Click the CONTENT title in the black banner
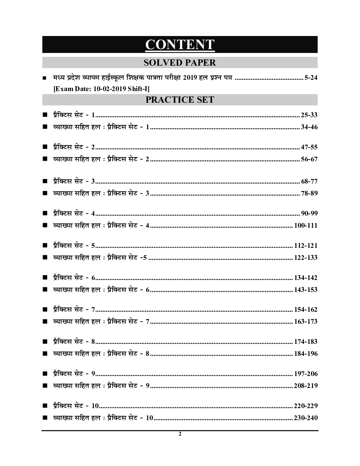coord(180,45)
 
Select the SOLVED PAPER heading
coord(180,62)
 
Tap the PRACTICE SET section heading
coord(180,100)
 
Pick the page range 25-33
coord(309,115)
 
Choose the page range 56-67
coord(309,159)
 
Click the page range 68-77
coord(309,181)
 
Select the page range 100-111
coord(306,225)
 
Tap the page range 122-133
coord(306,258)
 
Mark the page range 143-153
coord(306,290)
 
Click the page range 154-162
coord(306,310)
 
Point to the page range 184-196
coord(306,353)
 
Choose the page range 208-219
coord(306,386)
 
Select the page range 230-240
coord(306,418)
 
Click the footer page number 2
coord(180,434)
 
